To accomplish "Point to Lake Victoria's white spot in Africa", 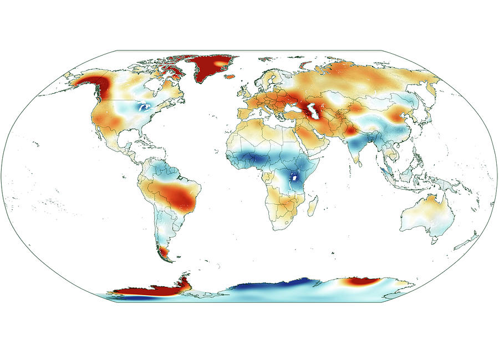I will [296, 178].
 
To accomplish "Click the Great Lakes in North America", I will [145, 108].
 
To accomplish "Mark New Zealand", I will [470, 241].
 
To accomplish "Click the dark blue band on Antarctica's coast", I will [261, 287].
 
